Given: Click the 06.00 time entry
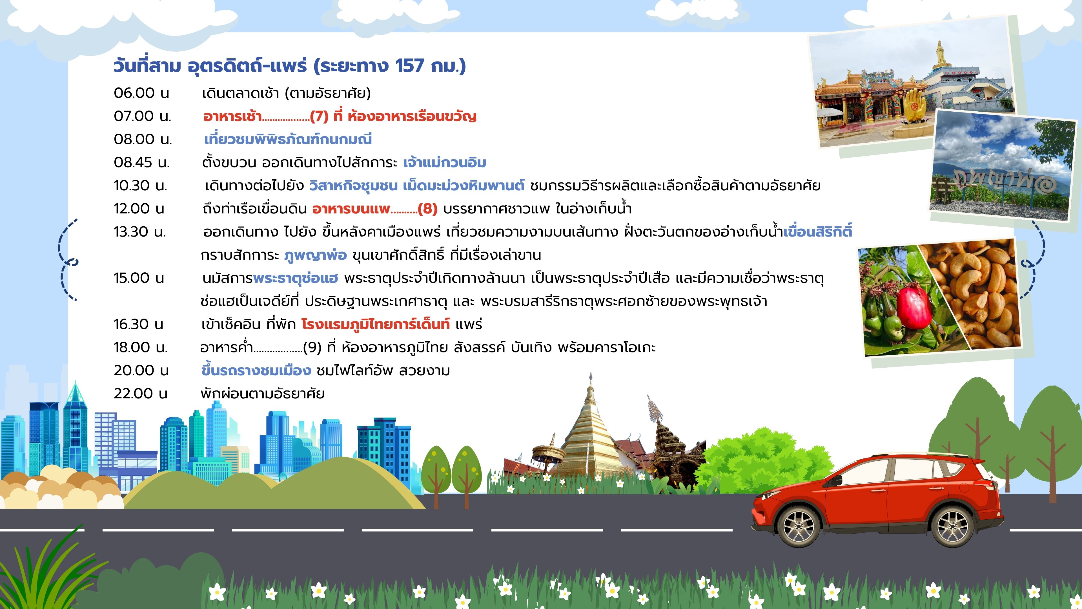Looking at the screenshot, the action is [141, 93].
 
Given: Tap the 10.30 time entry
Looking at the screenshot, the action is [140, 185].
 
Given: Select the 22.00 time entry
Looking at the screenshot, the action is [140, 393].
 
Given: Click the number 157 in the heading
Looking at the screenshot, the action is [409, 66].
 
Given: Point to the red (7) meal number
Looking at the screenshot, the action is [319, 116].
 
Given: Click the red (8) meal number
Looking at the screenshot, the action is [428, 208].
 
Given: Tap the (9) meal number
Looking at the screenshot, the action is [312, 347].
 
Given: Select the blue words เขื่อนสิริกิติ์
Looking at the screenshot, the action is [818, 231].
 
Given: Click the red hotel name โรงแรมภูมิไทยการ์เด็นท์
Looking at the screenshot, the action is [376, 324].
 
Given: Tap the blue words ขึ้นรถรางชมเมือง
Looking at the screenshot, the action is [256, 370].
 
